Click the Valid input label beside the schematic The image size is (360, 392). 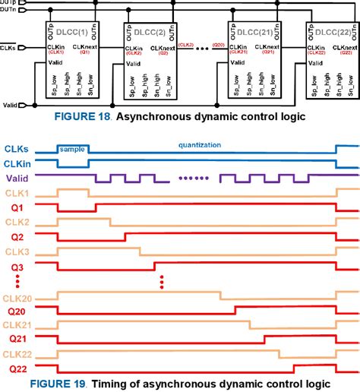(11, 105)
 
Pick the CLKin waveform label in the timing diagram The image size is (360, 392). (17, 164)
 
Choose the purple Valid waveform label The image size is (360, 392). (18, 179)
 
